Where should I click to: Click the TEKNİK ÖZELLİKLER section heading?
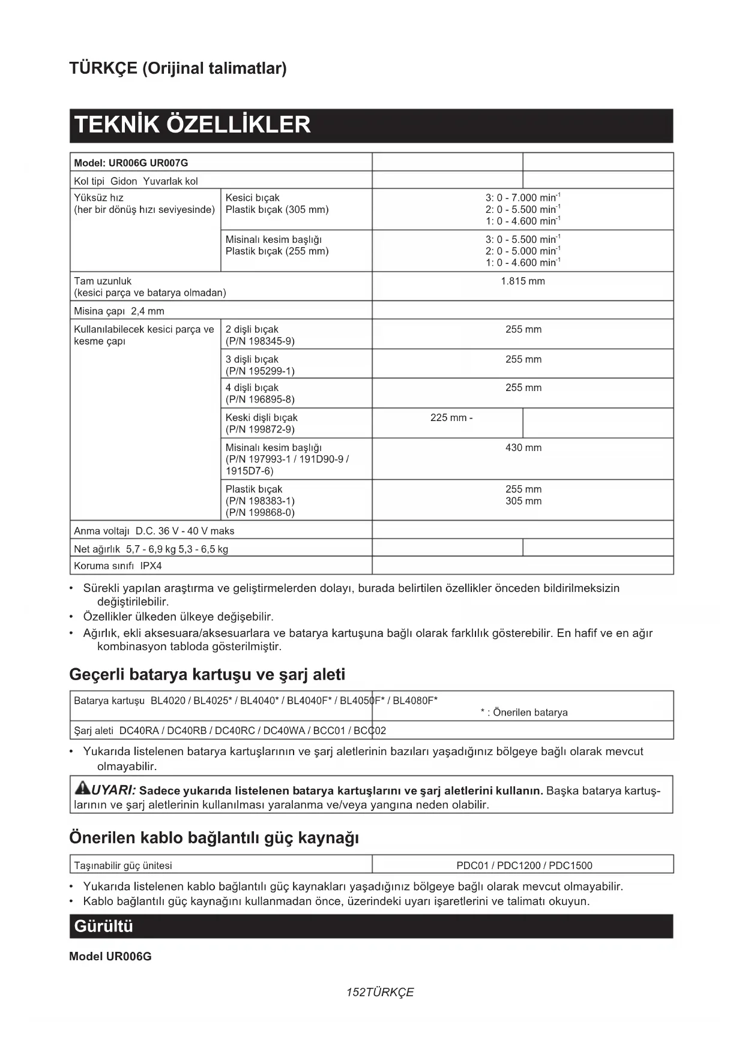(192, 125)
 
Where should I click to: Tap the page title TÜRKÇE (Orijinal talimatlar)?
(178, 68)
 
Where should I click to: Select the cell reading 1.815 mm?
(522, 281)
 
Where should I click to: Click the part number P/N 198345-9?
(260, 341)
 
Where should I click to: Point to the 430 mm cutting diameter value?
(523, 448)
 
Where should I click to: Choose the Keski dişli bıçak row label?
(261, 418)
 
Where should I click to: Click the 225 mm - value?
(451, 418)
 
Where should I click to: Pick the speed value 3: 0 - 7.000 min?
(522, 198)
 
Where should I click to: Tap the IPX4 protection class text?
(151, 566)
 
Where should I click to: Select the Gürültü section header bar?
(371, 927)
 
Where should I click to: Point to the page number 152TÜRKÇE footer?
(380, 993)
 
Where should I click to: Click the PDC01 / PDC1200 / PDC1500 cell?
(523, 865)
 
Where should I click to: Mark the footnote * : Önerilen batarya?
(523, 713)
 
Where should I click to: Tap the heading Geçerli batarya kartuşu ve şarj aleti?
(207, 675)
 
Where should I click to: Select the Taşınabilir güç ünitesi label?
(123, 865)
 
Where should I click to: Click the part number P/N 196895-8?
(260, 399)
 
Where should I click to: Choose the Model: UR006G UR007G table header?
(131, 163)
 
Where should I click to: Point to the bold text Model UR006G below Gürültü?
(110, 957)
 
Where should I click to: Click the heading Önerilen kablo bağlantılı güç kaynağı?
(214, 838)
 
